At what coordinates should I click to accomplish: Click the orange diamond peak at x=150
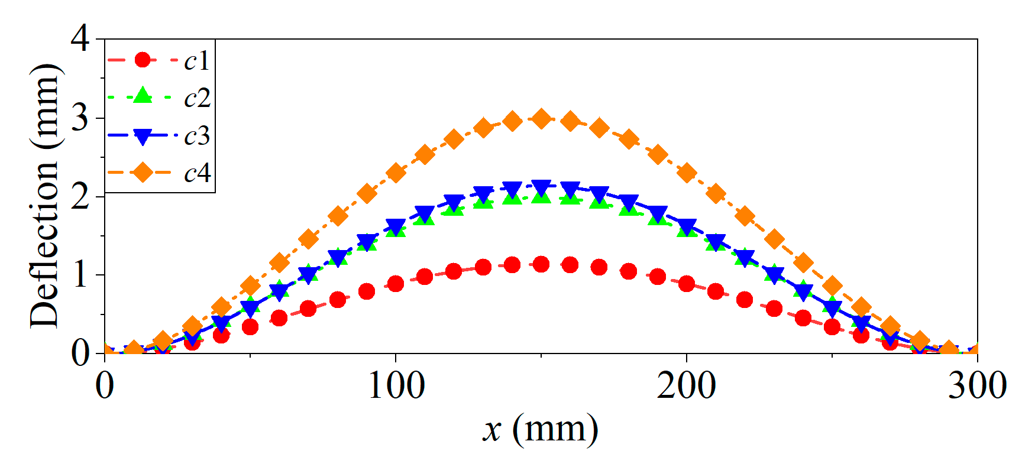[x=541, y=119]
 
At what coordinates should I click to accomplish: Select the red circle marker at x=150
[x=541, y=264]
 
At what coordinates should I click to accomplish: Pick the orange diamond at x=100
[x=396, y=173]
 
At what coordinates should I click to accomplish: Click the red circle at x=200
[x=686, y=284]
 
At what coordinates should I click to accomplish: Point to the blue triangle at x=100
[x=396, y=226]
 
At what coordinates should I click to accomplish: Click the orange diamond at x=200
[x=686, y=173]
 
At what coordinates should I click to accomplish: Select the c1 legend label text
[x=197, y=60]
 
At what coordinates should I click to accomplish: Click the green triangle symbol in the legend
[x=143, y=96]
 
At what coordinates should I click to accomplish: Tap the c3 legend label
[x=197, y=136]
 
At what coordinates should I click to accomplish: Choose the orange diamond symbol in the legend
[x=143, y=173]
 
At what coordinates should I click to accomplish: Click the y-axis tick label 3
[x=80, y=118]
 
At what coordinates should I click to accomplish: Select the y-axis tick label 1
[x=80, y=275]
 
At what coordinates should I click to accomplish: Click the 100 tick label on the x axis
[x=396, y=385]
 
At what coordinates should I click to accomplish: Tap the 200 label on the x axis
[x=686, y=385]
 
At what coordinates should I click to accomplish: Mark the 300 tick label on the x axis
[x=976, y=385]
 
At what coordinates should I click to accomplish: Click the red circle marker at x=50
[x=250, y=326]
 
